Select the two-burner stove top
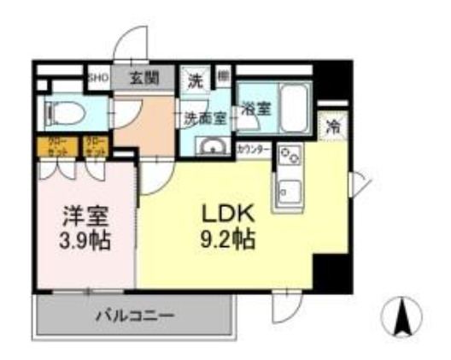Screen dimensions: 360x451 pyautogui.click(x=289, y=156)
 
